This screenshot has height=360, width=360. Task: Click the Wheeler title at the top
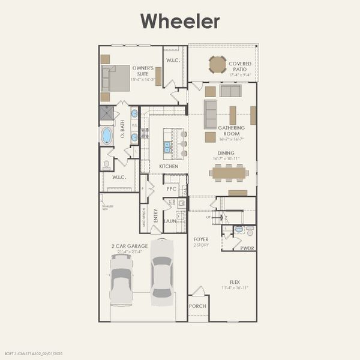pyautogui.click(x=180, y=22)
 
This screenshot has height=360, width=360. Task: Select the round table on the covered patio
pyautogui.click(x=217, y=64)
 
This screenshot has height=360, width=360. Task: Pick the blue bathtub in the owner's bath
pyautogui.click(x=106, y=136)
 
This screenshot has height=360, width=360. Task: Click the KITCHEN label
pyautogui.click(x=168, y=166)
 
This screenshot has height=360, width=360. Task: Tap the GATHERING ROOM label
pyautogui.click(x=231, y=130)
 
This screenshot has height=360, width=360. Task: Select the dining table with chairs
pyautogui.click(x=229, y=173)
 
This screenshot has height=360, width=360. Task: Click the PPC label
pyautogui.click(x=170, y=188)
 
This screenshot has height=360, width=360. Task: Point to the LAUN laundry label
pyautogui.click(x=170, y=221)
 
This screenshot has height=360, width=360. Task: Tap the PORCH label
pyautogui.click(x=197, y=306)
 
